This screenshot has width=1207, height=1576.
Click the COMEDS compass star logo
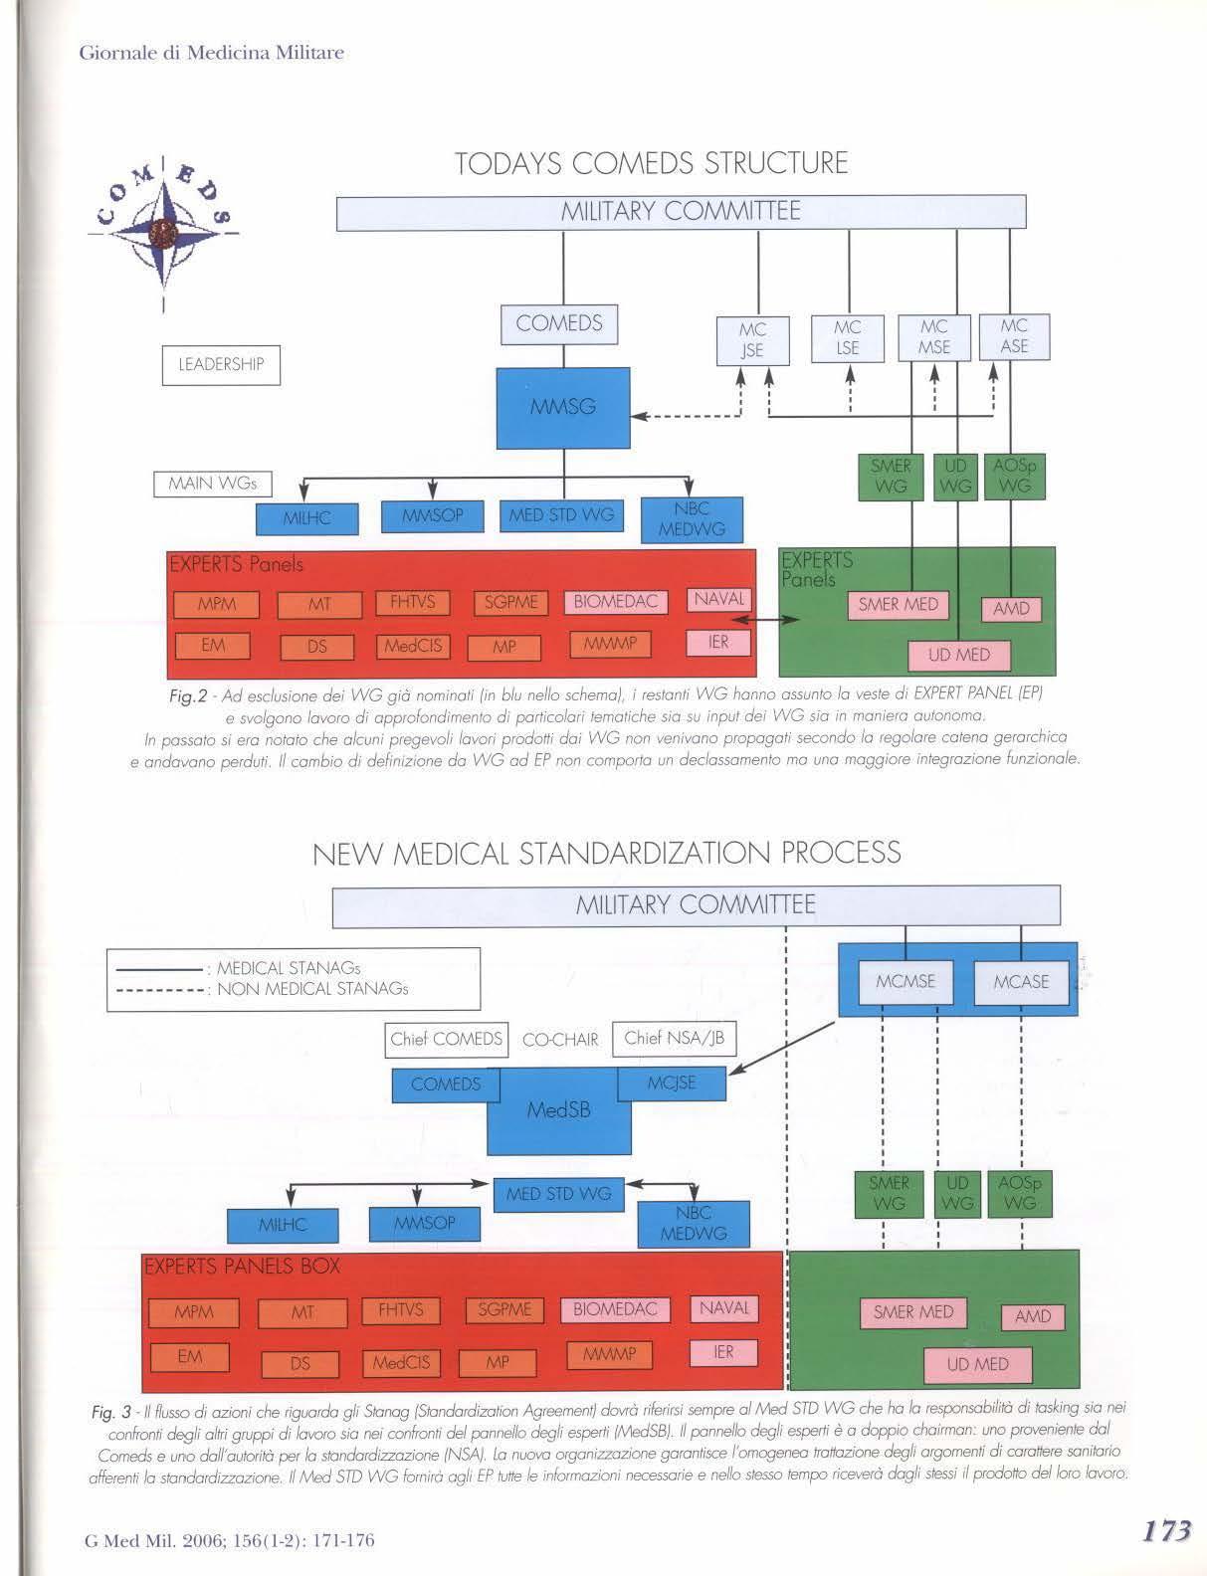(x=163, y=228)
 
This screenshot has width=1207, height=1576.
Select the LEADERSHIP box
(x=221, y=364)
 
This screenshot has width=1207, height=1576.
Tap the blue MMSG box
(x=563, y=407)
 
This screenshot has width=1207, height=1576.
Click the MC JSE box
(x=752, y=338)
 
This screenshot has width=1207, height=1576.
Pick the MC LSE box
(x=848, y=338)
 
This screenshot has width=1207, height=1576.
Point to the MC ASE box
(x=1014, y=336)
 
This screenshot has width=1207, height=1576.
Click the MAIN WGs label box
(x=212, y=485)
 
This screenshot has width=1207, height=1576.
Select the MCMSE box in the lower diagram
(x=905, y=981)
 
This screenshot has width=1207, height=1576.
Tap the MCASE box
(x=1021, y=981)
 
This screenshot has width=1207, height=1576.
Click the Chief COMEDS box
(x=447, y=1040)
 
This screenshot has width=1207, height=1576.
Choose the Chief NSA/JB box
(x=674, y=1039)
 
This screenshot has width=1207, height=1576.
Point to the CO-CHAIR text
(x=560, y=1041)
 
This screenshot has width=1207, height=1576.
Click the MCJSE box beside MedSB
(x=672, y=1083)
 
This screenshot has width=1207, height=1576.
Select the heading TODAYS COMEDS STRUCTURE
(x=651, y=163)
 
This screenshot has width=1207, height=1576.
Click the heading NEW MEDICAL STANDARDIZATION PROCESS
(x=606, y=853)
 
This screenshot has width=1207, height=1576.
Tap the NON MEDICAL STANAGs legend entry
(x=312, y=989)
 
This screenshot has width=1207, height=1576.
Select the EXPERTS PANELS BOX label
(x=242, y=1267)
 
